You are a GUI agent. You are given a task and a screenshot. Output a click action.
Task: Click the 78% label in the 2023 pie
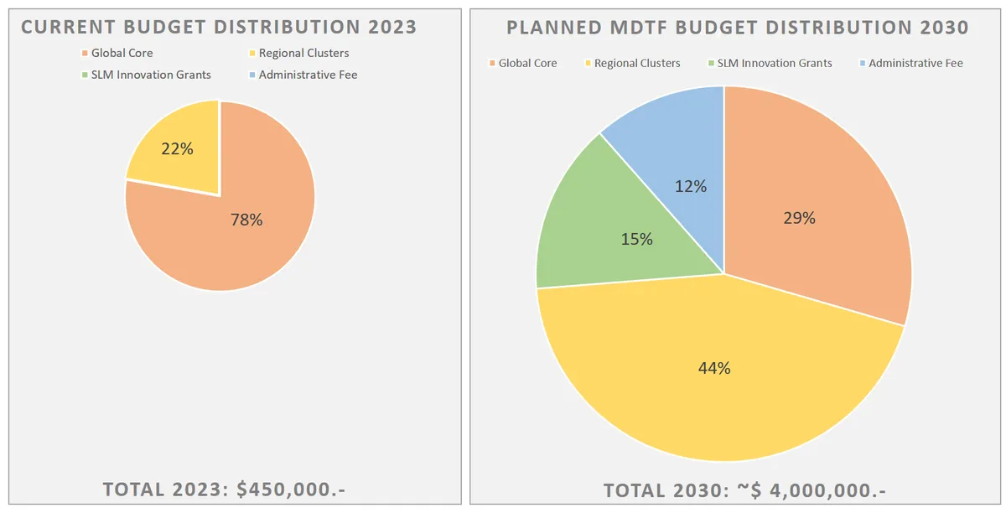pyautogui.click(x=246, y=220)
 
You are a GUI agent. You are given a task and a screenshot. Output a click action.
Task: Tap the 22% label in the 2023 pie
pyautogui.click(x=178, y=149)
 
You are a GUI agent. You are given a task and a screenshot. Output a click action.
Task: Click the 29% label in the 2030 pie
pyautogui.click(x=799, y=218)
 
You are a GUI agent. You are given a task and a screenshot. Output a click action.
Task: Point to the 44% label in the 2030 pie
pyautogui.click(x=714, y=367)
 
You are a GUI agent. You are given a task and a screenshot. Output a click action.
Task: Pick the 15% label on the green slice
pyautogui.click(x=636, y=240)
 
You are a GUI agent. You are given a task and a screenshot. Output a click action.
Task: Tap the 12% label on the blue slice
pyautogui.click(x=691, y=186)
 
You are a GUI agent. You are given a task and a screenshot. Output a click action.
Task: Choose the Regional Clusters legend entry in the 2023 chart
pyautogui.click(x=303, y=53)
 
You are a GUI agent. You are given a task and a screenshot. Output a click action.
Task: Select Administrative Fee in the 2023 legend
pyautogui.click(x=308, y=75)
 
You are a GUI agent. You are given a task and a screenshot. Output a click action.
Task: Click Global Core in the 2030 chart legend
pyautogui.click(x=527, y=63)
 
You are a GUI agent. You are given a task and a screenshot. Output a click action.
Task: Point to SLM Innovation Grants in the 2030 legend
pyautogui.click(x=774, y=63)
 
